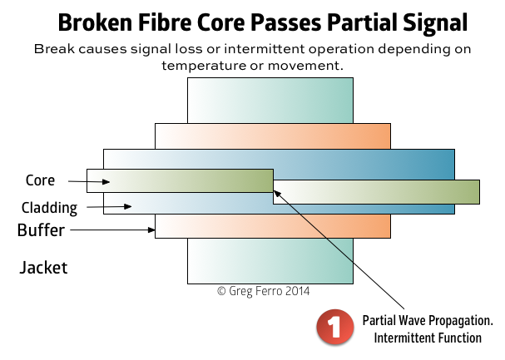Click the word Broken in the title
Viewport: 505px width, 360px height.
click(95, 22)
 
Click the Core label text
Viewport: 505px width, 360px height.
click(40, 180)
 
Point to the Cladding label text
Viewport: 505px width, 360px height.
click(49, 208)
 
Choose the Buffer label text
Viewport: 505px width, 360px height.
click(41, 230)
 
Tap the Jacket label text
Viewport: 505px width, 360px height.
click(43, 268)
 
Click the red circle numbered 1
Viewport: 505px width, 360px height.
click(335, 327)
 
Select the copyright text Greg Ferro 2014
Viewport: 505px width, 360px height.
click(263, 291)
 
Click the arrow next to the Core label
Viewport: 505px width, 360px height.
click(89, 182)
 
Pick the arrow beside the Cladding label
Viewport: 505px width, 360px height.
click(109, 206)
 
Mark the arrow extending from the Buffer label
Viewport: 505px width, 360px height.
click(112, 230)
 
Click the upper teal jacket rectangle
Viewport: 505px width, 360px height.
click(270, 101)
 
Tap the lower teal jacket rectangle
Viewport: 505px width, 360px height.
click(270, 261)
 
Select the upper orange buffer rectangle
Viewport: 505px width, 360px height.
click(273, 136)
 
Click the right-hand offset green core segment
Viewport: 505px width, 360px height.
click(377, 192)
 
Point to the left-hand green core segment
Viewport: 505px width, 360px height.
click(180, 180)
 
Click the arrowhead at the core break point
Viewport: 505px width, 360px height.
click(277, 194)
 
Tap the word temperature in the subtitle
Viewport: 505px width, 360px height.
click(204, 66)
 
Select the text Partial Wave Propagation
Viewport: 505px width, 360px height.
click(428, 321)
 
